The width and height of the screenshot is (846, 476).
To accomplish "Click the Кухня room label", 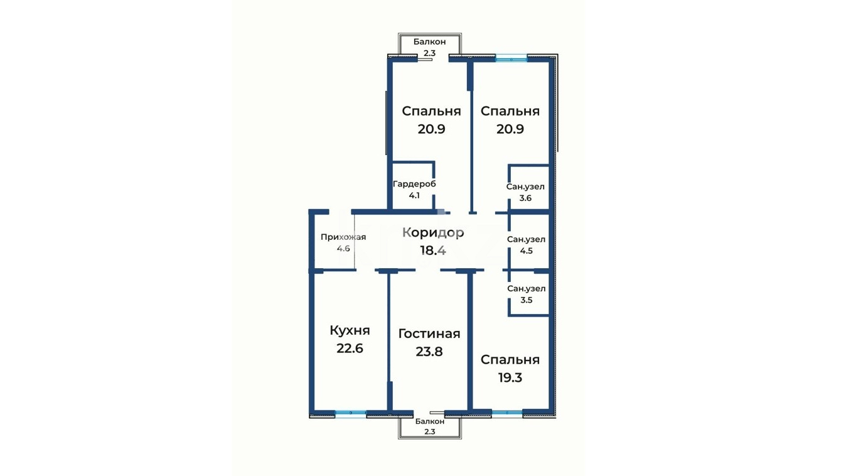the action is (x=350, y=330).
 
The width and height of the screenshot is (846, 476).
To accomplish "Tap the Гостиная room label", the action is (x=429, y=334).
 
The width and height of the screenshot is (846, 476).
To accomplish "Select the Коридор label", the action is (x=433, y=233).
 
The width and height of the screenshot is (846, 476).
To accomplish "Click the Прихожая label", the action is (x=343, y=237).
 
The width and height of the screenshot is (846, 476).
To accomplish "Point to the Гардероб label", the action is (x=414, y=184).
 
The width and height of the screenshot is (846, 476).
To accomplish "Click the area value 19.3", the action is (x=510, y=377).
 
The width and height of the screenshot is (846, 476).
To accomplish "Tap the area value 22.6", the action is (x=350, y=349).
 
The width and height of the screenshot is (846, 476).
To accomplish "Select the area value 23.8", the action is (x=429, y=352).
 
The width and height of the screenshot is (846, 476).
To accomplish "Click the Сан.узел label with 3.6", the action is (x=525, y=187).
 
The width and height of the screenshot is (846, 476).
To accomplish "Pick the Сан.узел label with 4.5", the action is (x=526, y=239).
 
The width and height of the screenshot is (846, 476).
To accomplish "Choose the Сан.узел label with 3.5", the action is (x=527, y=289).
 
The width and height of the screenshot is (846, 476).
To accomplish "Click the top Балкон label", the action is (x=430, y=41).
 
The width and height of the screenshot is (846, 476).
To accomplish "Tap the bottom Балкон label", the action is (x=430, y=421).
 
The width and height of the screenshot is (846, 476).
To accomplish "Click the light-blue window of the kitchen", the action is (x=351, y=413).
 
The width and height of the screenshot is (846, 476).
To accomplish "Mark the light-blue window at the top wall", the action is (x=511, y=58).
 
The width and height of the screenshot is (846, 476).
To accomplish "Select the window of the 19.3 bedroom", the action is (x=507, y=413).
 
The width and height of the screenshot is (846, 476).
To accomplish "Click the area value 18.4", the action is (x=433, y=250).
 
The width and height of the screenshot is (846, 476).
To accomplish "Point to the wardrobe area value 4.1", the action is (x=414, y=196).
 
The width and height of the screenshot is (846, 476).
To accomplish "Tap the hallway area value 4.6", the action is (x=343, y=249).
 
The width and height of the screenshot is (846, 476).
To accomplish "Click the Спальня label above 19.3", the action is (x=510, y=360).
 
